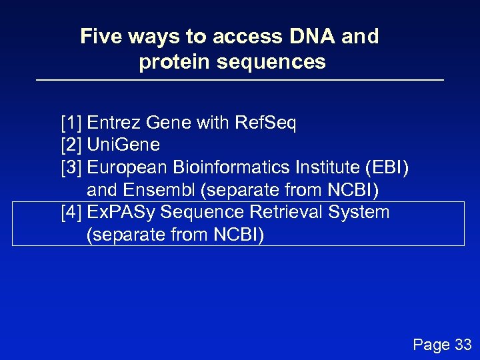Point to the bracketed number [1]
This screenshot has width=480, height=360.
tap(71, 123)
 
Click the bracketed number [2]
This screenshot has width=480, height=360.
tap(71, 145)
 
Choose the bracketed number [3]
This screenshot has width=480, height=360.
tap(71, 167)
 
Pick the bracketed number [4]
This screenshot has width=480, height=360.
tap(71, 213)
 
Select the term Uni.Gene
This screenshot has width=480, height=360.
tap(123, 145)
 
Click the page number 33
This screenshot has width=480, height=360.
tap(462, 345)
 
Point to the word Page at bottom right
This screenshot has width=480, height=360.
tap(431, 345)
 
